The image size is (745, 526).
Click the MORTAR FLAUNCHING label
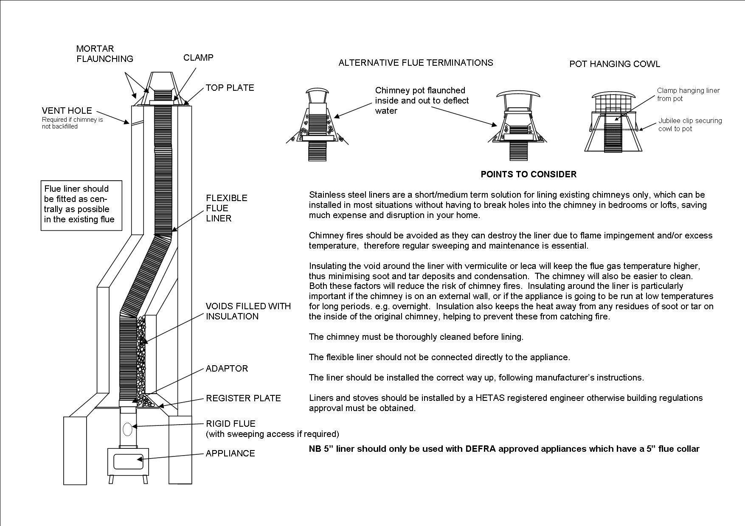click(x=104, y=54)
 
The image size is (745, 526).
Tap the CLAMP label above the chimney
click(x=198, y=58)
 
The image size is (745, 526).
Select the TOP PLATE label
click(x=230, y=88)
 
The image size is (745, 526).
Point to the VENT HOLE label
click(x=67, y=111)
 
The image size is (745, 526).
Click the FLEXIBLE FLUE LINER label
click(x=226, y=208)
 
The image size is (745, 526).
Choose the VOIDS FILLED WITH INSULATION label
click(x=248, y=311)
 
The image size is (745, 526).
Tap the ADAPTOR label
click(x=227, y=369)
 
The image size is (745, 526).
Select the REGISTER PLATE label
click(x=243, y=398)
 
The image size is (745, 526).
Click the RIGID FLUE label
click(x=231, y=424)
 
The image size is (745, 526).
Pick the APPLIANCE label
click(x=230, y=453)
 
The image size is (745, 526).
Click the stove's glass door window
click(x=128, y=462)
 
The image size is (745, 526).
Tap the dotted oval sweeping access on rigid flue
click(x=128, y=429)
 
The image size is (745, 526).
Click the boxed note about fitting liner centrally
click(x=81, y=206)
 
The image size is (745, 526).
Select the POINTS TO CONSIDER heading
click(x=528, y=174)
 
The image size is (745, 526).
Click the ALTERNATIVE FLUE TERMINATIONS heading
click(x=416, y=63)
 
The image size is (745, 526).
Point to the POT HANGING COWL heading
click(x=614, y=64)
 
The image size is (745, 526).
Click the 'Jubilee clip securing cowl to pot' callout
click(x=689, y=125)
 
